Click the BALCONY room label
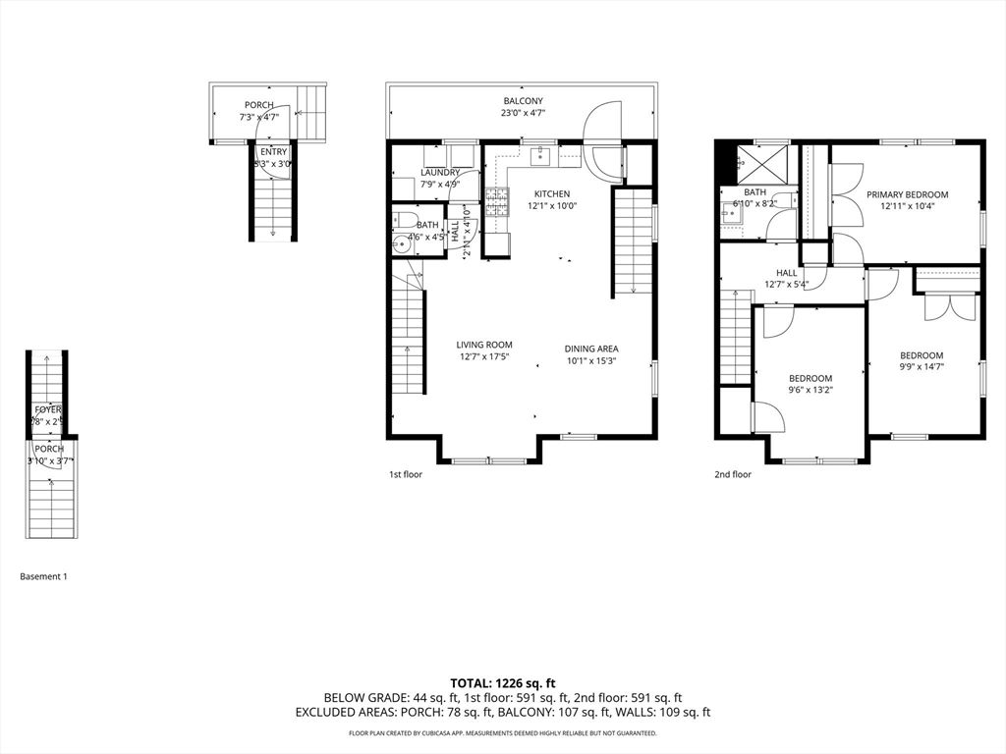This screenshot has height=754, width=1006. pos(523,101)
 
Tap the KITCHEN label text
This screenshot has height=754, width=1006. pos(551,193)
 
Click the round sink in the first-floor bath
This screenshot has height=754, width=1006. pos(400,245)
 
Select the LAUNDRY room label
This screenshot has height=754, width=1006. pos(440,172)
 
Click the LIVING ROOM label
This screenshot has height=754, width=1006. pos(484,345)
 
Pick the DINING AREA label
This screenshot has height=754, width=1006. pos(591,349)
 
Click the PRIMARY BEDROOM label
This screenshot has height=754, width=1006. pos(907,194)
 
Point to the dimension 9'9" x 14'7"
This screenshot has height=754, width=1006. pos(922,367)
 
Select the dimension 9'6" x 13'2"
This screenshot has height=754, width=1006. pos(810,390)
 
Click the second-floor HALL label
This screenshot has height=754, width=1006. pos(787,274)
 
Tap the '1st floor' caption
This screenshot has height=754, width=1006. pos(406,475)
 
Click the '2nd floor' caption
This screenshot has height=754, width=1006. pos(732,475)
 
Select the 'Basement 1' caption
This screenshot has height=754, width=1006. pos(44,577)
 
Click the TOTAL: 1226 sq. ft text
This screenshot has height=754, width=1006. pos(503,683)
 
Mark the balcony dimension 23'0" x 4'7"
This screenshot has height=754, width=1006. pos(523,113)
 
